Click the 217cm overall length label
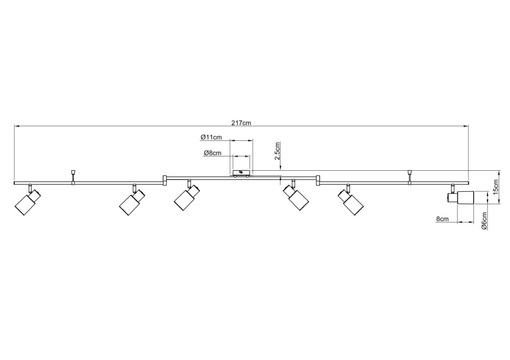[241, 123]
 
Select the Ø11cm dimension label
[211, 137]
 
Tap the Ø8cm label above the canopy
[213, 153]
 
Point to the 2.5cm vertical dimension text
[277, 151]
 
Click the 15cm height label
[496, 187]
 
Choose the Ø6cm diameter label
[484, 221]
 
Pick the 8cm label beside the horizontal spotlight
[443, 219]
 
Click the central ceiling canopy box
[242, 173]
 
